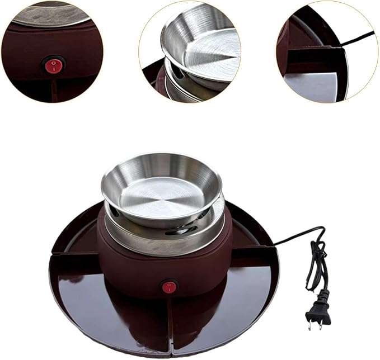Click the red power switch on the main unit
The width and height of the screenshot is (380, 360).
169,287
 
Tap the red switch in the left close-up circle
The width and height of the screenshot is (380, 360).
53,66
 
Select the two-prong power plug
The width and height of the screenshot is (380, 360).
316,310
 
